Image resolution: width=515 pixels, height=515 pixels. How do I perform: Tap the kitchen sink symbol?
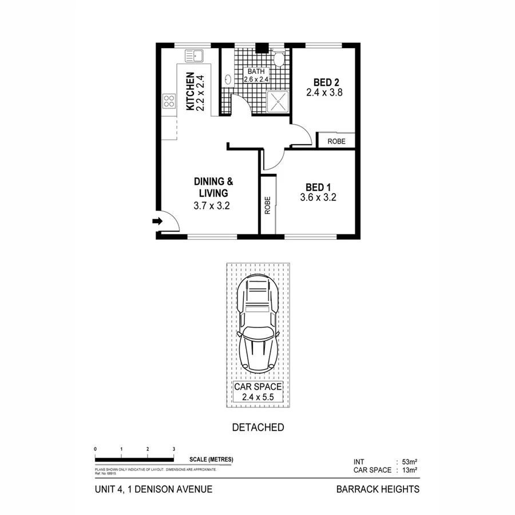pyautogui.click(x=193, y=56)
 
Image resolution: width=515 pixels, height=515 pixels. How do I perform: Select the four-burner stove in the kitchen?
pyautogui.click(x=169, y=102)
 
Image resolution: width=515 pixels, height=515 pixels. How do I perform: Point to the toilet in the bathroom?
pyautogui.click(x=279, y=58)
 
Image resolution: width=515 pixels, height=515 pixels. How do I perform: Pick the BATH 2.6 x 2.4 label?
pyautogui.click(x=256, y=76)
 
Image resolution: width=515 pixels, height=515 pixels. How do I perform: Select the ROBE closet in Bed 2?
pyautogui.click(x=336, y=141)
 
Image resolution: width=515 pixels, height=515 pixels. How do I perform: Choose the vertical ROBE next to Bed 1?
pyautogui.click(x=267, y=205)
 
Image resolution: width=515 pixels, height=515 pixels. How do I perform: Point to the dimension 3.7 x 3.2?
pyautogui.click(x=211, y=206)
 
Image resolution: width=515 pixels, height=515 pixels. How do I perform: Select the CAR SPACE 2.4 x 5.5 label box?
pyautogui.click(x=257, y=391)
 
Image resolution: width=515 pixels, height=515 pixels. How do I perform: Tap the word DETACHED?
pyautogui.click(x=257, y=427)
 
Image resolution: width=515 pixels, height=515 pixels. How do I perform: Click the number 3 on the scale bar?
pyautogui.click(x=173, y=449)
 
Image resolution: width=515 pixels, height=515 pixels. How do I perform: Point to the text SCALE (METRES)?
pyautogui.click(x=211, y=459)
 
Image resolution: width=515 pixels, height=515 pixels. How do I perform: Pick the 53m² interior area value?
pyautogui.click(x=408, y=461)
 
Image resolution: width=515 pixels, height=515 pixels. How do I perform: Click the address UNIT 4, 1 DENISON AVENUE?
pyautogui.click(x=153, y=489)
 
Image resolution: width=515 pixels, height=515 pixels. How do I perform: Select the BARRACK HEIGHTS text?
pyautogui.click(x=377, y=489)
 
